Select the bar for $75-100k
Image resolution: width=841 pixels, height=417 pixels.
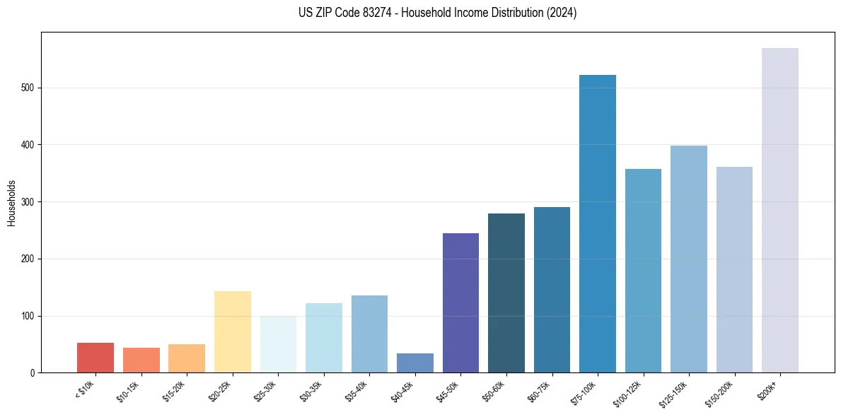597,223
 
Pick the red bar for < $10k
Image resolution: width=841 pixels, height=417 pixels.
95,358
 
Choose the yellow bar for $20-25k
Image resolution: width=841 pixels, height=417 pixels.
232,332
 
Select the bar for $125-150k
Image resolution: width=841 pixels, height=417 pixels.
688,259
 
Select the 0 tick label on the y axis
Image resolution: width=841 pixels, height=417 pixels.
33,373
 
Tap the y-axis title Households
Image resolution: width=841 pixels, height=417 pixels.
11,203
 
